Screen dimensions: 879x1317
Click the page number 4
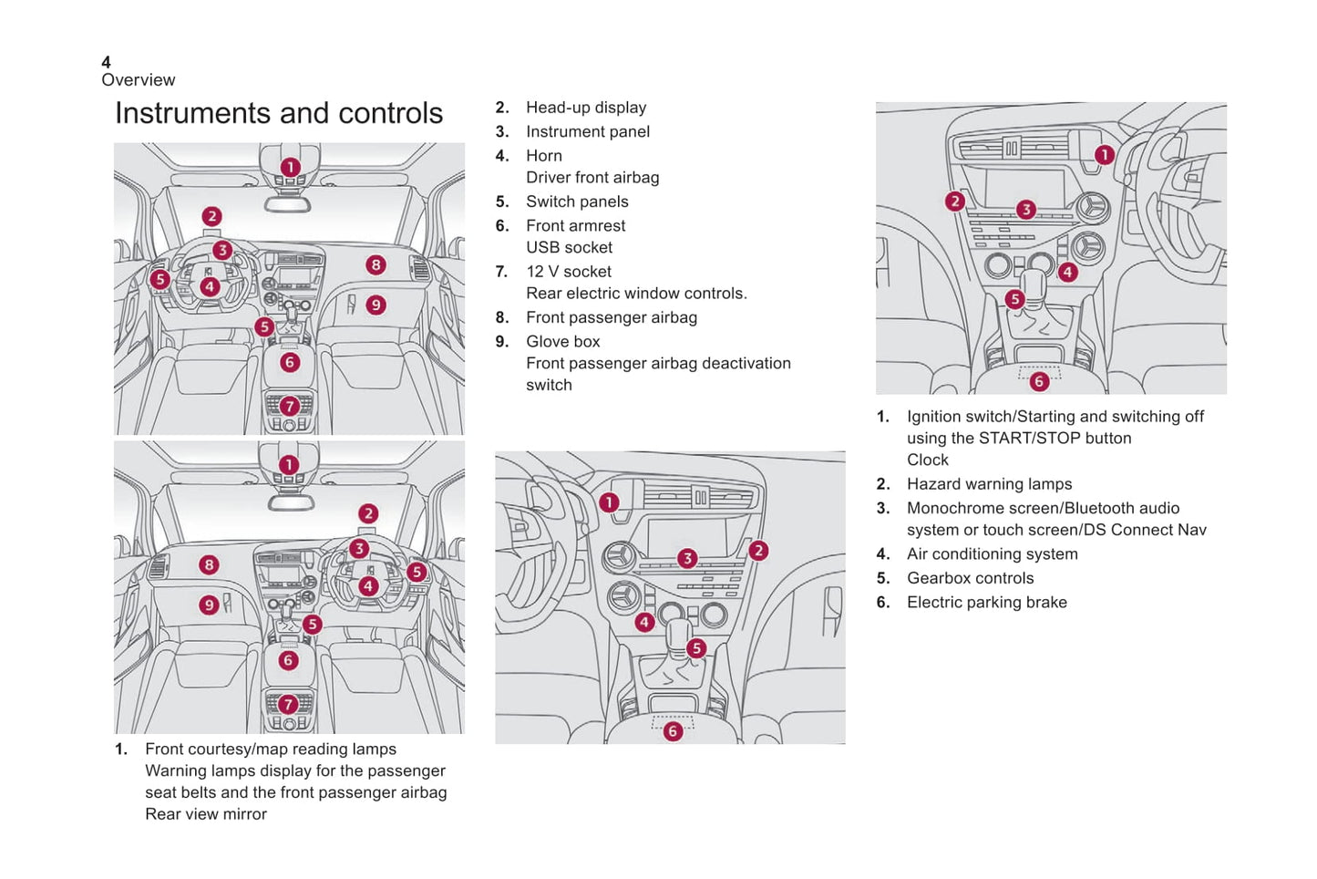coord(106,62)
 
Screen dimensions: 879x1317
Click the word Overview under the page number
coord(139,80)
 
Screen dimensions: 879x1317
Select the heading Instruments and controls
coord(279,113)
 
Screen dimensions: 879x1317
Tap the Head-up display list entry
coord(585,108)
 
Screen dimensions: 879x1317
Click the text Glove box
coord(562,342)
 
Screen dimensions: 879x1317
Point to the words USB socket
coord(569,248)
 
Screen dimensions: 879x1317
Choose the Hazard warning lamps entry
coord(989,484)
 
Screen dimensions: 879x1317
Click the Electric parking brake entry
coord(986,603)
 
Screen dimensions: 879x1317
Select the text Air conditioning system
coord(992,554)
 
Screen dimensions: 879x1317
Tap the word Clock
coord(927,460)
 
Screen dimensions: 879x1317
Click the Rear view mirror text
coord(206,814)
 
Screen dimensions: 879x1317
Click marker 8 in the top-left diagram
coord(376,265)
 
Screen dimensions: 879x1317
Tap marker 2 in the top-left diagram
coord(211,216)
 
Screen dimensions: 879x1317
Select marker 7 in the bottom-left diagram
coord(288,704)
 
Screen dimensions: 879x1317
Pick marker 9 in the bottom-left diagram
coord(209,605)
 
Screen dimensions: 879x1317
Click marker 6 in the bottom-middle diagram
coord(673,731)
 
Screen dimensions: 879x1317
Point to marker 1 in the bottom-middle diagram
coord(609,502)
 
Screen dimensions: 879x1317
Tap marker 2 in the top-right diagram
coord(954,202)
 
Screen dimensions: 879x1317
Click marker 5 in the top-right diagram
coord(1014,299)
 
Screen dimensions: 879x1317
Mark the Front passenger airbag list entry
coord(611,318)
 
